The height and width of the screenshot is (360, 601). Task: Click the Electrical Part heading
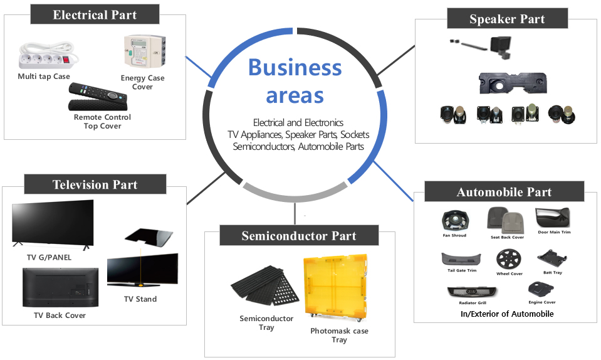(x=95, y=14)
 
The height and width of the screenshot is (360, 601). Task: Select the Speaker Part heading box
(x=507, y=19)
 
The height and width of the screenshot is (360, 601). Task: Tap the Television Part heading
(x=95, y=184)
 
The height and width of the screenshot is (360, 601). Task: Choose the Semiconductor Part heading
(x=299, y=236)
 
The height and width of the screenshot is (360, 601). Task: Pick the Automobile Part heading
(x=504, y=192)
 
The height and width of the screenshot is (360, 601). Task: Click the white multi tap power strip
(x=43, y=58)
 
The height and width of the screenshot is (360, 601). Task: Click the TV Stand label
(x=140, y=299)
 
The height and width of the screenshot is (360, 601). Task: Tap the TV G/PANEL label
(x=50, y=257)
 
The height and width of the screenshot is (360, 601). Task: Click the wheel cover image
(x=508, y=259)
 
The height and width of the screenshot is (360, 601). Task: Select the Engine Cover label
(x=541, y=302)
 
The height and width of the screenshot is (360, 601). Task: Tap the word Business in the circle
(x=295, y=68)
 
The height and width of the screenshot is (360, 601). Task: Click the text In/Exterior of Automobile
(x=507, y=314)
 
